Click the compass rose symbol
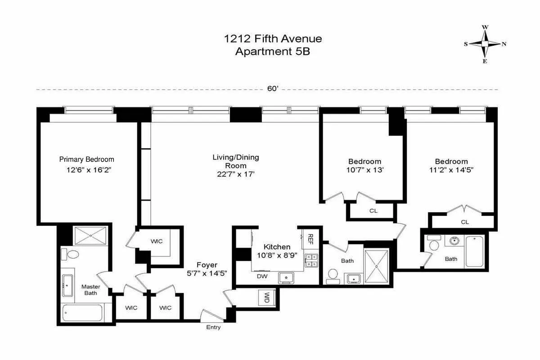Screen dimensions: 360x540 tap(485, 44)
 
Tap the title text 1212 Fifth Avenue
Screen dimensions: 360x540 tap(273, 39)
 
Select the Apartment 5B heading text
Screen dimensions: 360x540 tap(273, 51)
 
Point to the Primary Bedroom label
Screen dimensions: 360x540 tap(87, 159)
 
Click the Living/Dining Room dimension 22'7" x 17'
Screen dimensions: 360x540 tap(236, 174)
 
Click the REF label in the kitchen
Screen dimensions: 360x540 tap(310, 238)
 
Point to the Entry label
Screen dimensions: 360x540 tap(213, 327)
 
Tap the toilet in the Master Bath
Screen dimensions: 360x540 tap(70, 254)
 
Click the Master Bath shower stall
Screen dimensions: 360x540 tap(89, 236)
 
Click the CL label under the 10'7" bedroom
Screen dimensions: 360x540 tap(373, 211)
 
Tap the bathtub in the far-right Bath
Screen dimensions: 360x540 tap(474, 252)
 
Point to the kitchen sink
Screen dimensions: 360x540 tap(286, 278)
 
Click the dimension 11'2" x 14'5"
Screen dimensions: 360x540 tap(451, 170)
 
